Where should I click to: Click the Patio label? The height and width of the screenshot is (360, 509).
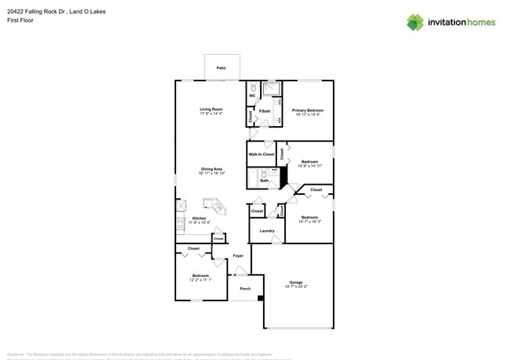point(222,69)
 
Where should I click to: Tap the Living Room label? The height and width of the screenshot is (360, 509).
point(211,109)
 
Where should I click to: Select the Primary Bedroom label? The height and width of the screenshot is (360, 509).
point(308,110)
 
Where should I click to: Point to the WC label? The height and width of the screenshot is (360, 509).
point(253,95)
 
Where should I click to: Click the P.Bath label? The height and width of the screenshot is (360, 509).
point(265,111)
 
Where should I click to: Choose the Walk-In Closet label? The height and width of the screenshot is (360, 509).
point(262,154)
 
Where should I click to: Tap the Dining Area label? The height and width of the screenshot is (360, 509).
point(212,169)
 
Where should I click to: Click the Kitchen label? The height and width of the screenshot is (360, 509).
point(200,218)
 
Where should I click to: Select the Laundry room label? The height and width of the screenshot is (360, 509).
point(266,230)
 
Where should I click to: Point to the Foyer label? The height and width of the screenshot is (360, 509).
point(238,255)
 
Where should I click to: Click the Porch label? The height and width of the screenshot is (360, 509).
point(245,288)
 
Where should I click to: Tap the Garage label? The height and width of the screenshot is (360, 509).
point(296,283)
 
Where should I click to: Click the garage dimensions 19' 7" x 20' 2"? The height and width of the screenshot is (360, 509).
point(296,286)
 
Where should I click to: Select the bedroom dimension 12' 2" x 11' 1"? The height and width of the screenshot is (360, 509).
point(200,279)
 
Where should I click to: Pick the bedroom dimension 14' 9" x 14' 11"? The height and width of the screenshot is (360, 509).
point(309,166)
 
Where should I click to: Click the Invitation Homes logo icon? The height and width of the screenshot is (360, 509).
point(415,22)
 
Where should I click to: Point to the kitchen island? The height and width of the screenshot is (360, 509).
point(214,207)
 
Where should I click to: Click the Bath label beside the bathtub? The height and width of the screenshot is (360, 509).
point(264,181)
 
